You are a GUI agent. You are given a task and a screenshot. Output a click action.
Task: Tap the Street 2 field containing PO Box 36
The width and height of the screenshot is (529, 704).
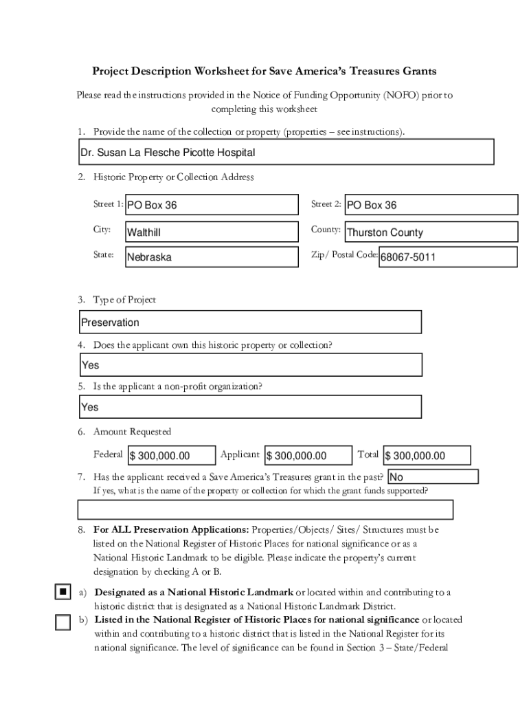(x=431, y=205)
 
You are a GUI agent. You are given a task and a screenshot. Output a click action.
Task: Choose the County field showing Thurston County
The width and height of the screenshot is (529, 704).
(x=431, y=232)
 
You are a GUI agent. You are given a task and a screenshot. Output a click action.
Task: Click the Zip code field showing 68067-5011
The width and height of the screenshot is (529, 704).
(x=448, y=257)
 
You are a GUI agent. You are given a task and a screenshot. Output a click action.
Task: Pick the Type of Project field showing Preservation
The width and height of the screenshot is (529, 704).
(x=249, y=322)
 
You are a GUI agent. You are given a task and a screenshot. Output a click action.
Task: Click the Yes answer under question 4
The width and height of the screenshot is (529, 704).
(x=249, y=365)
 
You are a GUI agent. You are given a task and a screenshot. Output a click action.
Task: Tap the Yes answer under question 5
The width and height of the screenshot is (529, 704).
(x=249, y=407)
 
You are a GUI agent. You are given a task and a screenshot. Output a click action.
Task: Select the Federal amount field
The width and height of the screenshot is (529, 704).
(x=170, y=456)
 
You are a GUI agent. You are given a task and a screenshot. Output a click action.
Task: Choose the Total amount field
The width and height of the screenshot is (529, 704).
(x=427, y=456)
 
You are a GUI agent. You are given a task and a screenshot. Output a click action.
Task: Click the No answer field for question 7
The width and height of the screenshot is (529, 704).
(x=433, y=477)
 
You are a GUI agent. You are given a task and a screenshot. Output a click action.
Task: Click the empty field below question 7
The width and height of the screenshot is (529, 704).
(x=265, y=509)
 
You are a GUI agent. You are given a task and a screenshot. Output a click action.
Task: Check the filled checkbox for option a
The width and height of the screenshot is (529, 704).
(x=63, y=592)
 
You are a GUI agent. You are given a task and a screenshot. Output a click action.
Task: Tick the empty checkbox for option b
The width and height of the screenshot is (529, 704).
(x=63, y=622)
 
